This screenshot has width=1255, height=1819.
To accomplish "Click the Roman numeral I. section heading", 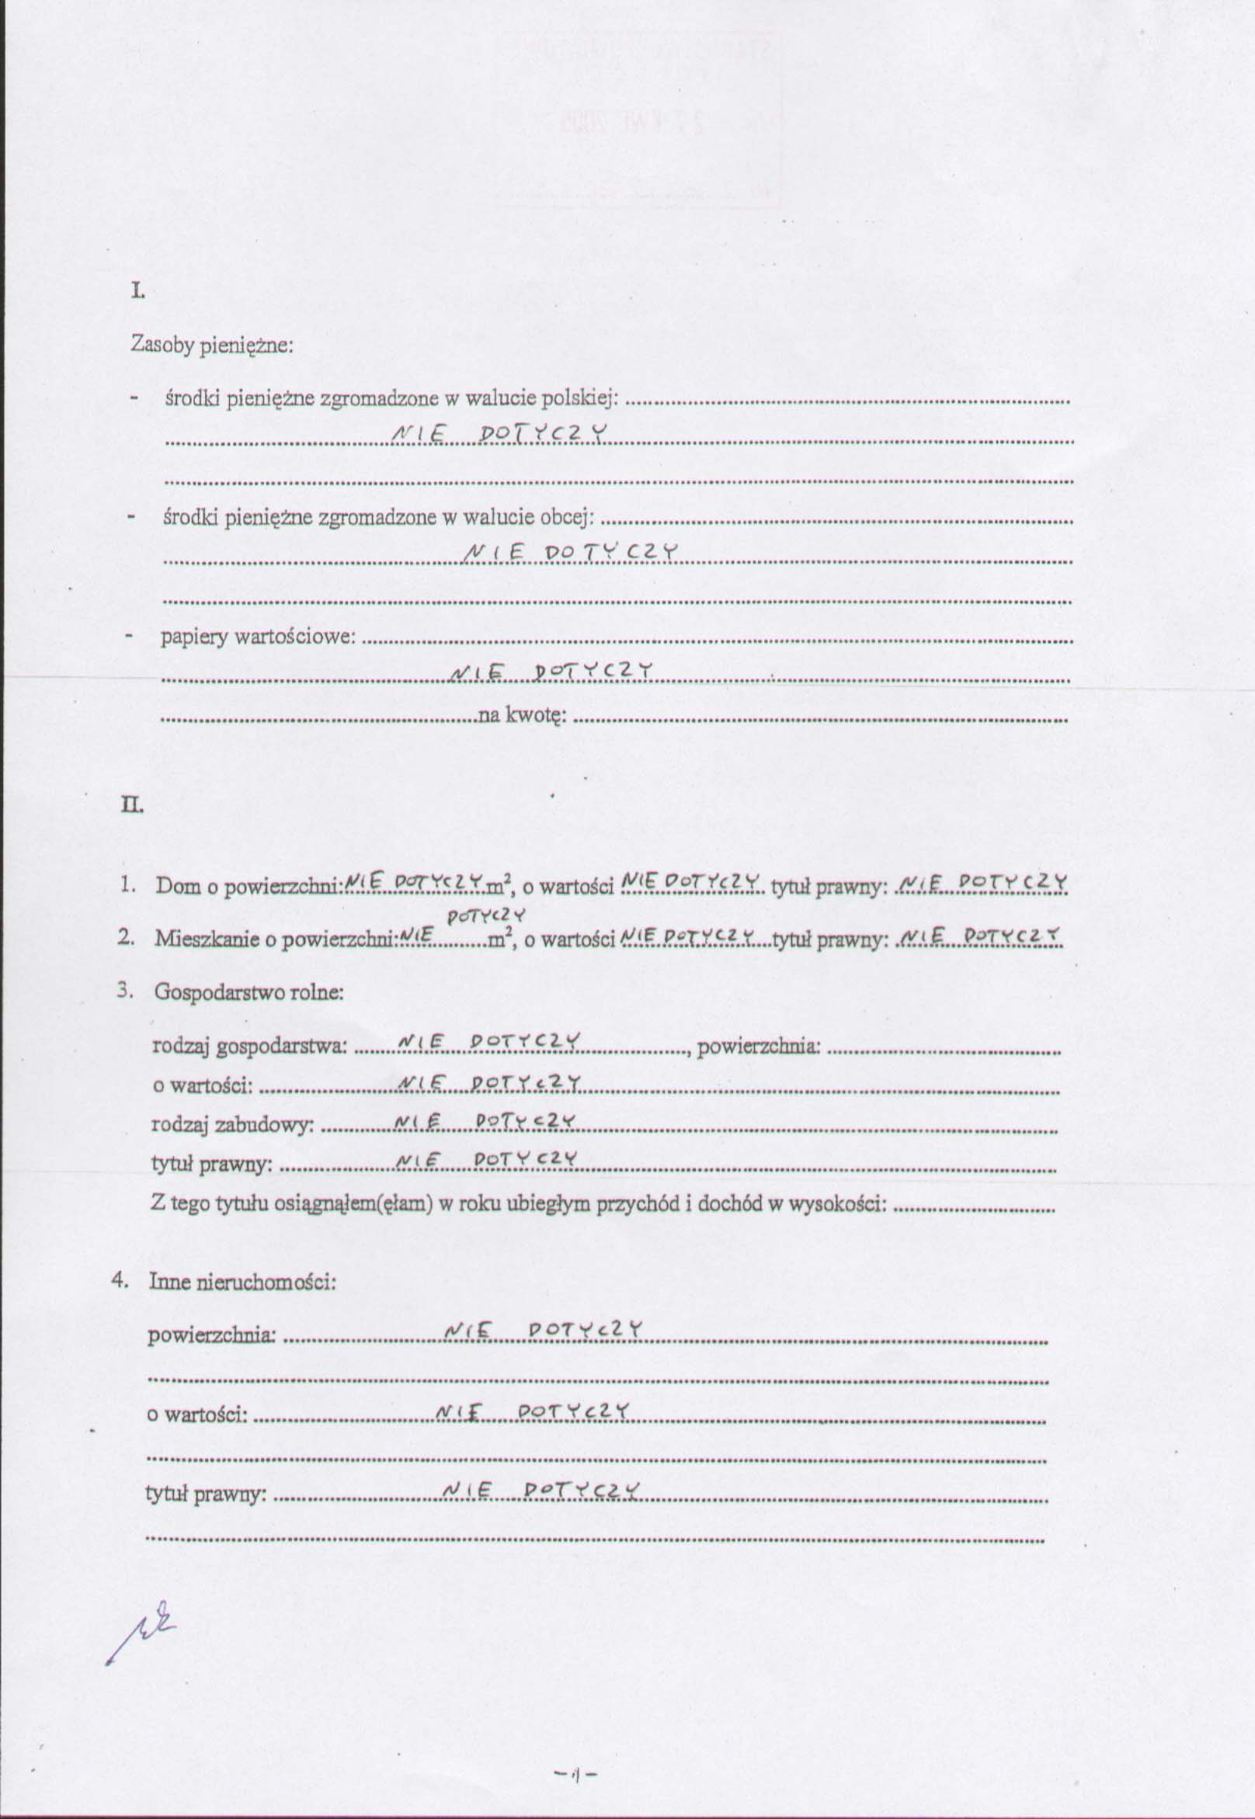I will coord(137,292).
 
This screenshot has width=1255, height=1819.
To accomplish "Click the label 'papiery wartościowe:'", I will coord(258,637).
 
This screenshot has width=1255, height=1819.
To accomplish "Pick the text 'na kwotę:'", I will coord(522,715).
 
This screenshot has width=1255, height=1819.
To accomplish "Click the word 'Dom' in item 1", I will coord(178,886).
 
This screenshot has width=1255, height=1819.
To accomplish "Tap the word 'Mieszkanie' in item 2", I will coord(196,939).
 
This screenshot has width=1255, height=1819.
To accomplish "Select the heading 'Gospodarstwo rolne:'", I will coord(249,992).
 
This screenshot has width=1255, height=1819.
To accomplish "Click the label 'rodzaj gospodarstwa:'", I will coord(249,1047).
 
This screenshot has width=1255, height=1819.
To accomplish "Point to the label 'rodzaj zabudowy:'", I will coord(232,1125).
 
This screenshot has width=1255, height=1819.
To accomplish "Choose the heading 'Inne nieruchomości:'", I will coord(242,1282).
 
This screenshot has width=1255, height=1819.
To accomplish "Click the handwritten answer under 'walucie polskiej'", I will coord(501,433).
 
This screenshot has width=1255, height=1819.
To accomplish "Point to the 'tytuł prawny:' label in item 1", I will coord(829,887).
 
